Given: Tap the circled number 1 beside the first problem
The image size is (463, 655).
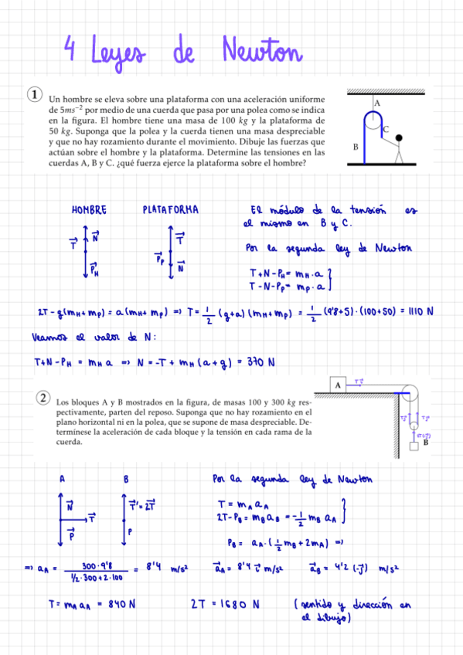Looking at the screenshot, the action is pos(34,94).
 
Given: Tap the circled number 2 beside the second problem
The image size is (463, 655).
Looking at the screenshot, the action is pos(43,397).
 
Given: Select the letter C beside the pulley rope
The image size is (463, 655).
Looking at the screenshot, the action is pos(386,130).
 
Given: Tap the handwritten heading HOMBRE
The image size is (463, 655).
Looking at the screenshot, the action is pos(89,209).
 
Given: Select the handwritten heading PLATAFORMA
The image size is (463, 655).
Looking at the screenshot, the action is pos(171,209).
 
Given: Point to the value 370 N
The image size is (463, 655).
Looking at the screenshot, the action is pos(260,361).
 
